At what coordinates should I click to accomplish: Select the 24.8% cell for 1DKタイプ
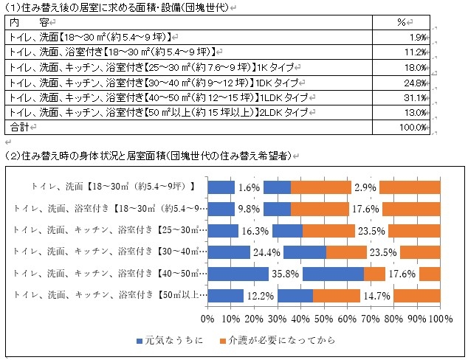click(x=417, y=82)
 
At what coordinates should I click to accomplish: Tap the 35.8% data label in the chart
click(x=285, y=274)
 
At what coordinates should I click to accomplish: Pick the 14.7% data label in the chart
click(x=376, y=296)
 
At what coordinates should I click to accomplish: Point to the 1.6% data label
click(x=249, y=187)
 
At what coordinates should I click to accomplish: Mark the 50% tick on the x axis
click(x=324, y=319)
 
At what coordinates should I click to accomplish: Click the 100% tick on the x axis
click(x=439, y=319)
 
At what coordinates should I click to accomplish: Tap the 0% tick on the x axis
click(x=207, y=319)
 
